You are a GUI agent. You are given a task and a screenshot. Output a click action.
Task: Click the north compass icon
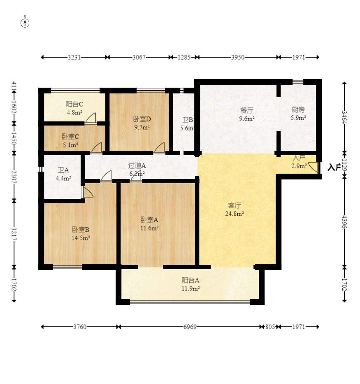click(x=25, y=23)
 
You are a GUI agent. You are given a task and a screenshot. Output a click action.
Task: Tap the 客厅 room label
click(x=235, y=206)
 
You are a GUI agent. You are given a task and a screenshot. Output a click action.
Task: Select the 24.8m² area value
click(x=235, y=214)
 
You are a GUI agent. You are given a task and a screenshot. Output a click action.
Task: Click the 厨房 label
click(x=298, y=110)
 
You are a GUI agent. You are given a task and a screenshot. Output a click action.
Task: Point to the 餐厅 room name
click(x=247, y=110)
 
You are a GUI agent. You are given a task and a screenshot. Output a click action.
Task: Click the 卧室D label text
click(x=142, y=119)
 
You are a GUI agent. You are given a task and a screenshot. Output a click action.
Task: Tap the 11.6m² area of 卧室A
click(x=149, y=228)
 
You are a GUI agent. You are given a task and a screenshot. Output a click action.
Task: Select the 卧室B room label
click(x=81, y=230)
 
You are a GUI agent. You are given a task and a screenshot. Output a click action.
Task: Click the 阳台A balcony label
click(x=190, y=280)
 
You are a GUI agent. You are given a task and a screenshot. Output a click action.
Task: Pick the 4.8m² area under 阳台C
click(x=74, y=112)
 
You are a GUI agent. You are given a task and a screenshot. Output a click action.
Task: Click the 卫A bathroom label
click(x=63, y=170)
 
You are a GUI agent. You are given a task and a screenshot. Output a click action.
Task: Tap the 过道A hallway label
click(x=137, y=165)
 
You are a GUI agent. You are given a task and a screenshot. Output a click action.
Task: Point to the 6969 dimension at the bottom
click(x=190, y=327)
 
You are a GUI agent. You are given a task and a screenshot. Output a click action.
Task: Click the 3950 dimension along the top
click(x=237, y=57)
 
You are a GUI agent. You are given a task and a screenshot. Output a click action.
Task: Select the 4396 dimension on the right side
click(x=344, y=222)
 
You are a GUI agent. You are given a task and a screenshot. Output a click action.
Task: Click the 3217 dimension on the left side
click(x=14, y=233)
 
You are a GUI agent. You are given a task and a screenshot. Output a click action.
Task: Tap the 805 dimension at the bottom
click(x=270, y=327)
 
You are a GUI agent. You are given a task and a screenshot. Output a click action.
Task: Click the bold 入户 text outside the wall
click(x=334, y=167)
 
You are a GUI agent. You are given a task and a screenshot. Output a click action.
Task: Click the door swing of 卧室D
click(x=160, y=147)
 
